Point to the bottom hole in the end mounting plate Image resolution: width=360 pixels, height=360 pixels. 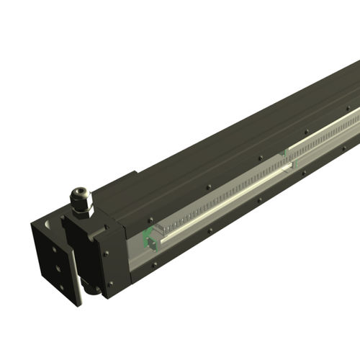coord(61,287)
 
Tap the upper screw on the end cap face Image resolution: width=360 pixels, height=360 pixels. coord(105,253)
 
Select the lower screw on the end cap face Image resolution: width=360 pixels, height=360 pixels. coord(108,283)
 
